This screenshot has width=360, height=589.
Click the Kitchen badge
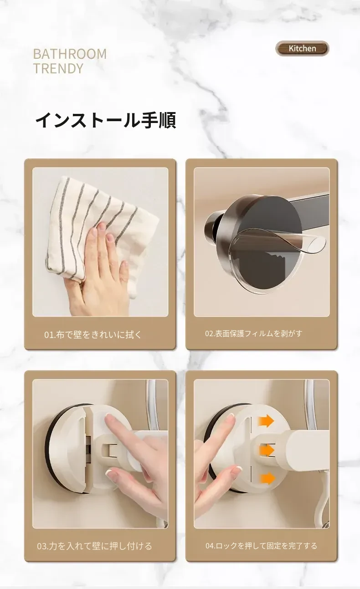click(x=302, y=48)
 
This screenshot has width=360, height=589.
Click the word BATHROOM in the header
click(x=70, y=54)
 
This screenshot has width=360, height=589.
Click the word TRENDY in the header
click(x=58, y=68)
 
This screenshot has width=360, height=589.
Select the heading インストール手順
click(x=106, y=120)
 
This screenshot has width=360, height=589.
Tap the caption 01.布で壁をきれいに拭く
click(x=93, y=335)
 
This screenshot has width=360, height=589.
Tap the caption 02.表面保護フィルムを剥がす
click(x=254, y=333)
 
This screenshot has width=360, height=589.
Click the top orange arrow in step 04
click(x=266, y=421)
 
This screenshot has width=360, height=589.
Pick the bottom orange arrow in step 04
click(x=267, y=478)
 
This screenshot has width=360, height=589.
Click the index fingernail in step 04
click(x=231, y=418)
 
